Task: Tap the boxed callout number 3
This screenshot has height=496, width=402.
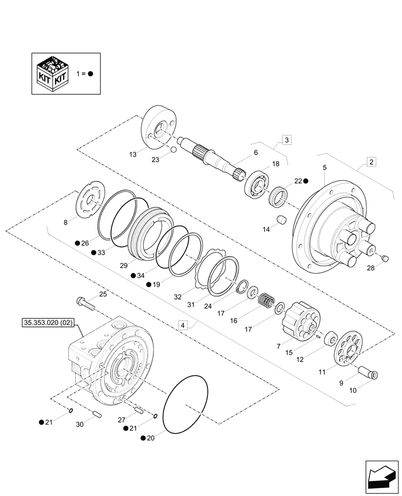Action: [287, 139]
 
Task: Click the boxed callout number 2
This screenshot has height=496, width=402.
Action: [371, 161]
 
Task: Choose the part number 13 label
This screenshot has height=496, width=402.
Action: [133, 155]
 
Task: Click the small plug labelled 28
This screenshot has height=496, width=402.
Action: [386, 257]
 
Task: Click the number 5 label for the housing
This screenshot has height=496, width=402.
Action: [324, 168]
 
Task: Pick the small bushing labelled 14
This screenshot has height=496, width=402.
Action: [282, 219]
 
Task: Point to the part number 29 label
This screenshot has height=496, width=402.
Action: [123, 265]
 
